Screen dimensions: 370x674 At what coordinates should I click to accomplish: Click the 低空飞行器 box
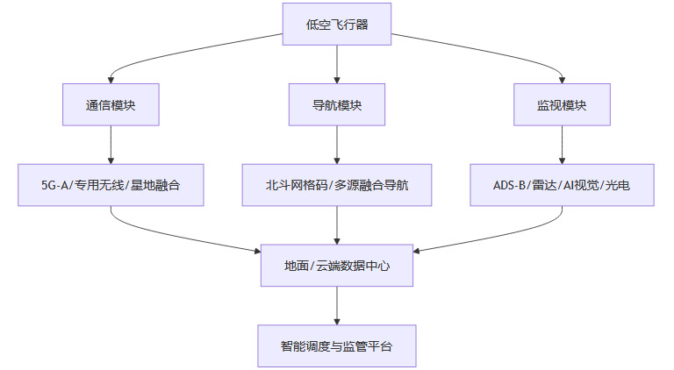tap(337, 24)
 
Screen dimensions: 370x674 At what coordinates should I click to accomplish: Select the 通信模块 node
tap(111, 104)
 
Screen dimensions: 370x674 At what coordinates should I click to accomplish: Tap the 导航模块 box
tap(337, 104)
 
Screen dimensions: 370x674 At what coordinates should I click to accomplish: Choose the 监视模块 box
tap(562, 104)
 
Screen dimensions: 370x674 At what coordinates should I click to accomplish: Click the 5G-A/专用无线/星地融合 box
tap(111, 185)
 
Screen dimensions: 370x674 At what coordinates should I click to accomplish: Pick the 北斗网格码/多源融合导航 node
tap(337, 185)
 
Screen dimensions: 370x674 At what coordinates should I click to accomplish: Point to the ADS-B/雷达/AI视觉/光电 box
tap(562, 185)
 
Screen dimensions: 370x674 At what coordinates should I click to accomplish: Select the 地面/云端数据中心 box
tap(337, 266)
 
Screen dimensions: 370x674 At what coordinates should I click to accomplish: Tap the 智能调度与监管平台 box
tap(337, 346)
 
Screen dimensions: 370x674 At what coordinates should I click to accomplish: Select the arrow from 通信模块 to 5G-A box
tap(111, 145)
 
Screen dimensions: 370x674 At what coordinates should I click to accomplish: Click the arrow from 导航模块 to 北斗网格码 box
tap(337, 145)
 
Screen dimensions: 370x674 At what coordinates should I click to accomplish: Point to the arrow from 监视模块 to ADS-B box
tap(562, 145)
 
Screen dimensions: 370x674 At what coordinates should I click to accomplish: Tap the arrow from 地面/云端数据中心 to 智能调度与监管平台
tap(337, 306)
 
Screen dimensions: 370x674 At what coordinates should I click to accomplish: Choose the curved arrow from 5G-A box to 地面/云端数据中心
tap(176, 235)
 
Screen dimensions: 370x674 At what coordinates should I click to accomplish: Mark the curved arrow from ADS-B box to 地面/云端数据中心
tap(500, 235)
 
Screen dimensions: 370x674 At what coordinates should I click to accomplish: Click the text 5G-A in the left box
tap(56, 185)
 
